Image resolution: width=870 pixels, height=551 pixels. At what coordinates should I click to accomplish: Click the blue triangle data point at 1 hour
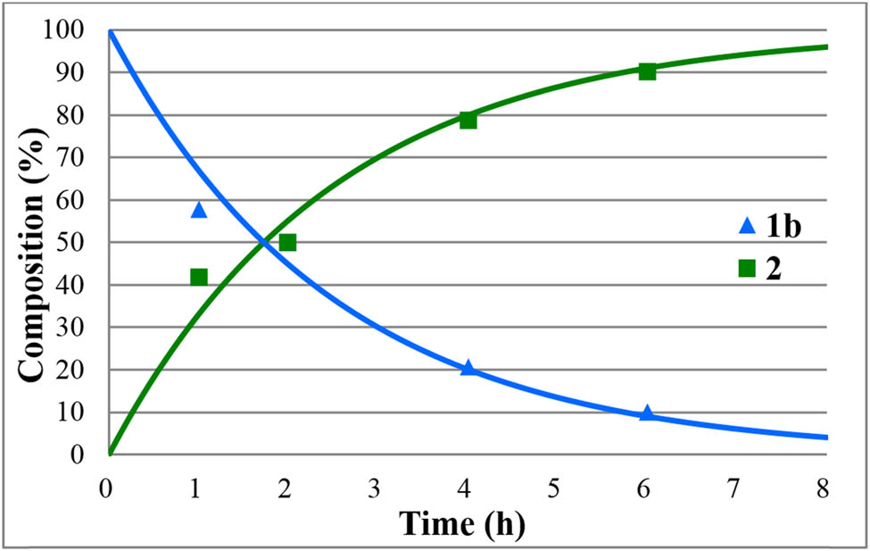click(199, 210)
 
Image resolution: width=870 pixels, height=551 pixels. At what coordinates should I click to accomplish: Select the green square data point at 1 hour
click(199, 277)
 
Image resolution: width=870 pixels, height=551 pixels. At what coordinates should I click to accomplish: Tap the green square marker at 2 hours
click(287, 242)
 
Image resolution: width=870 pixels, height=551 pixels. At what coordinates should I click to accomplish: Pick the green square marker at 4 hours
click(468, 120)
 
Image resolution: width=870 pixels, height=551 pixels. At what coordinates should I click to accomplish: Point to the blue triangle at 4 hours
click(468, 368)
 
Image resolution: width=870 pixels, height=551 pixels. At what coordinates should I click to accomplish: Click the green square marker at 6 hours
click(647, 71)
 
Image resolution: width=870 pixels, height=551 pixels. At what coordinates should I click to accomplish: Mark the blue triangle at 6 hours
click(647, 413)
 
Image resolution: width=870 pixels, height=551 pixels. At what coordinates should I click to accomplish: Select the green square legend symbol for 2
click(747, 269)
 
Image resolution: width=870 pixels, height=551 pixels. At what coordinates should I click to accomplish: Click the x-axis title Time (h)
click(461, 523)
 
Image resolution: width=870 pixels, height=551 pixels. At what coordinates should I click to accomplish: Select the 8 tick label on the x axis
click(823, 488)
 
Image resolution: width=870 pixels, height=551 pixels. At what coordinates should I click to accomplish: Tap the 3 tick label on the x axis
click(375, 488)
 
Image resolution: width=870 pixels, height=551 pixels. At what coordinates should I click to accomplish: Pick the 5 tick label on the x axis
click(554, 488)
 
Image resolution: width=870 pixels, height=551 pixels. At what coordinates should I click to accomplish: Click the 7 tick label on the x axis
click(733, 488)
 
